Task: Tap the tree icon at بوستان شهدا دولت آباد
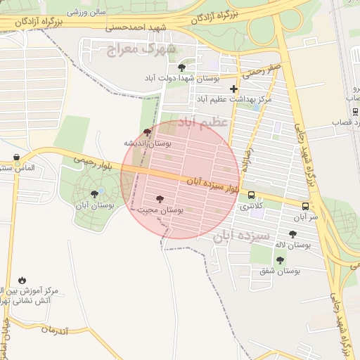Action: [182, 68]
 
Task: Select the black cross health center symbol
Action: [233, 89]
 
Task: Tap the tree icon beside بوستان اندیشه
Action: [147, 132]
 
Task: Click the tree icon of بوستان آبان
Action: [95, 194]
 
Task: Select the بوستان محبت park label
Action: [160, 210]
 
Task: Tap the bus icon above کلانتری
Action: [251, 197]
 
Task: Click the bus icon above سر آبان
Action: [305, 207]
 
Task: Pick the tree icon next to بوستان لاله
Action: [292, 234]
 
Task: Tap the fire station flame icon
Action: [22, 280]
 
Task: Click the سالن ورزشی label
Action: [86, 13]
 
